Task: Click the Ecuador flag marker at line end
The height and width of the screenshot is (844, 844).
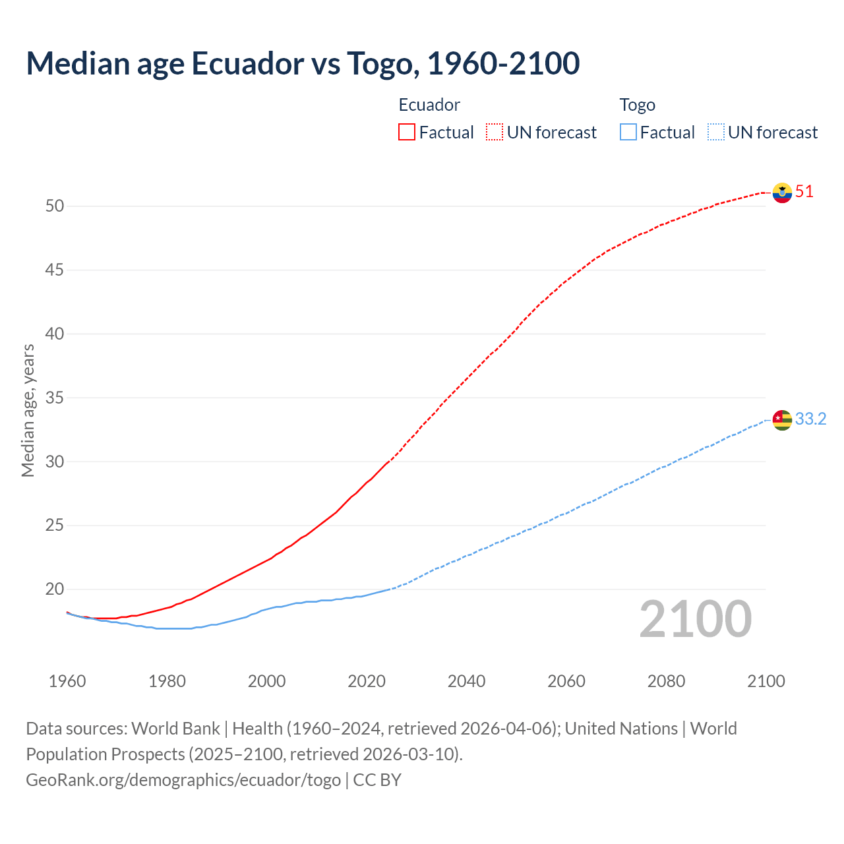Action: coord(782,193)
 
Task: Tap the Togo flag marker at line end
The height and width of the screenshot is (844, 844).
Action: coord(782,419)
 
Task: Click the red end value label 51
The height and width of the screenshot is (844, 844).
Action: coord(804,192)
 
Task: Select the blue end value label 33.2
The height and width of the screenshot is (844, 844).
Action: coord(810,419)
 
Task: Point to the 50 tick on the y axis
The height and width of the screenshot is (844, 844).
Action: coord(55,206)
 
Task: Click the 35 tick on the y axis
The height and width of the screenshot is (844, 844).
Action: coord(55,398)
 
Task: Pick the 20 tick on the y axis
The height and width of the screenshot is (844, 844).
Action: coord(55,589)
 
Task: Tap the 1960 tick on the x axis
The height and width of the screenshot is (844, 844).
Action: coord(67,681)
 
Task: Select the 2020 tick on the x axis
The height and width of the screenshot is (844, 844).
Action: coord(367,681)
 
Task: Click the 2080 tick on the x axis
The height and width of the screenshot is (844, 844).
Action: coord(666,681)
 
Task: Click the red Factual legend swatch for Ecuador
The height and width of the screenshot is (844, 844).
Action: coord(407,133)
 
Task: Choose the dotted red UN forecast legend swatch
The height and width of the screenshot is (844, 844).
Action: coord(495,133)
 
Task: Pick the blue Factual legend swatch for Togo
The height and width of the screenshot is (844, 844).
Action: coord(628,133)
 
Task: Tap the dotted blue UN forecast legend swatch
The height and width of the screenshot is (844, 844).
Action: coord(715,133)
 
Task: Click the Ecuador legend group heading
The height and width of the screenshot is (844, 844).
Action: coord(429,105)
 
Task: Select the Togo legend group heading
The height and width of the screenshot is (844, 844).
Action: coord(637,105)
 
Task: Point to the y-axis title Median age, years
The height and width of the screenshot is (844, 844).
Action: coord(28,410)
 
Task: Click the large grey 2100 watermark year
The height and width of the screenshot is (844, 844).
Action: coord(695,619)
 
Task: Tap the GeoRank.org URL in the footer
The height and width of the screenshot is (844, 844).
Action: coord(183,780)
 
